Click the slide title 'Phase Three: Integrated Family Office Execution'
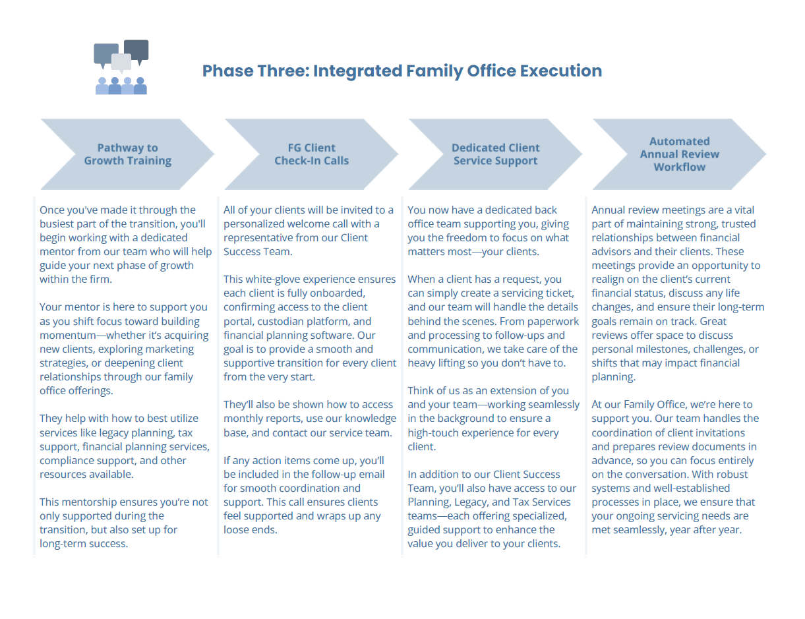(402, 71)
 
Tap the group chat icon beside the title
(121, 67)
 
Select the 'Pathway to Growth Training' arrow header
(127, 154)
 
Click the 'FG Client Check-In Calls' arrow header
(311, 154)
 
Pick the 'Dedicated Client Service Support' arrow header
(495, 154)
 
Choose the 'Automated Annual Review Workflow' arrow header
(679, 154)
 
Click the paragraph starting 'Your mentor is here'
(125, 349)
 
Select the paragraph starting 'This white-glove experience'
(310, 328)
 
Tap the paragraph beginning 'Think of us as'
(493, 418)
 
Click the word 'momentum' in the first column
(69, 335)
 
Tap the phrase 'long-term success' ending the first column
(83, 544)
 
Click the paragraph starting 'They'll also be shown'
(310, 418)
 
